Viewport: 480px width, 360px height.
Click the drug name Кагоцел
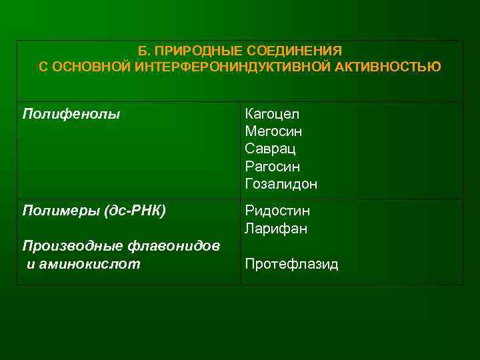tap(271, 114)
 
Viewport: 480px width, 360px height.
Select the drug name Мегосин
tap(273, 131)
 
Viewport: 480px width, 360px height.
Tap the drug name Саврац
tap(270, 149)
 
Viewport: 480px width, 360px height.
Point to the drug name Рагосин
tap(272, 166)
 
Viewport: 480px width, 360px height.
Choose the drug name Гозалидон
tap(281, 183)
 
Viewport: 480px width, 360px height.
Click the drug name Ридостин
tap(277, 211)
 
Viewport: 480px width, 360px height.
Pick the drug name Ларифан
tap(275, 229)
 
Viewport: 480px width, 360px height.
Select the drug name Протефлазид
tap(291, 265)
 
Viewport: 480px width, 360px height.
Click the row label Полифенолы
tap(71, 114)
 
